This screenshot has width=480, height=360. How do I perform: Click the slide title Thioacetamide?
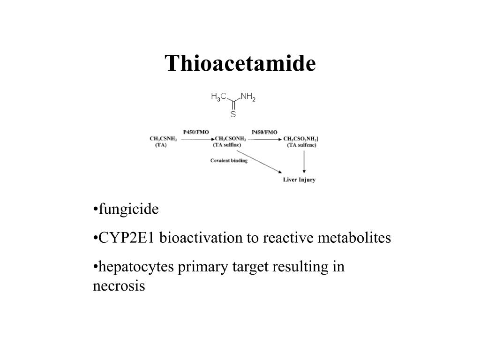click(x=240, y=63)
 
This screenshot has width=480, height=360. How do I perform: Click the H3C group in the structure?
click(x=219, y=97)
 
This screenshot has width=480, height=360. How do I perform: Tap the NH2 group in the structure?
click(x=248, y=97)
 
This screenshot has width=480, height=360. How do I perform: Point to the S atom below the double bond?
click(x=233, y=114)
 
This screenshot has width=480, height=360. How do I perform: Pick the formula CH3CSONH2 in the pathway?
click(x=230, y=139)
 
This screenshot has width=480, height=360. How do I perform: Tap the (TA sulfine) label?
click(x=227, y=145)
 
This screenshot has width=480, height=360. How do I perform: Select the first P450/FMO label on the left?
click(x=195, y=132)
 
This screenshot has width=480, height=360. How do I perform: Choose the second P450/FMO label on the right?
click(x=264, y=132)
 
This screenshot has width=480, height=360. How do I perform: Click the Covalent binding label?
click(x=229, y=160)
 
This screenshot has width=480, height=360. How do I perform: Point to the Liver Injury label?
click(x=299, y=180)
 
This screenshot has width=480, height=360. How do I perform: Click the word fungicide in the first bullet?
click(x=128, y=209)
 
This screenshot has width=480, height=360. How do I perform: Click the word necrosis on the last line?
click(x=119, y=286)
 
